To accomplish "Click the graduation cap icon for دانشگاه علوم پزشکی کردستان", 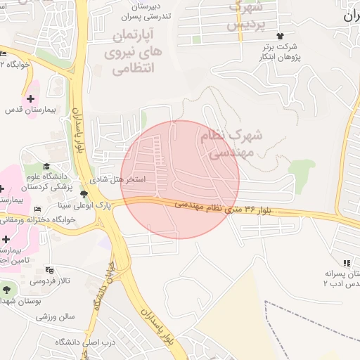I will coord(46,167).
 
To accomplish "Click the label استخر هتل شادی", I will coord(120,179).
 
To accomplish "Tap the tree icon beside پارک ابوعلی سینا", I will coord(84,193).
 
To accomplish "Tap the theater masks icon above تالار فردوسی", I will coord(49,270).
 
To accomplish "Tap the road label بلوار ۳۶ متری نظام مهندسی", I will coord(225,208).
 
